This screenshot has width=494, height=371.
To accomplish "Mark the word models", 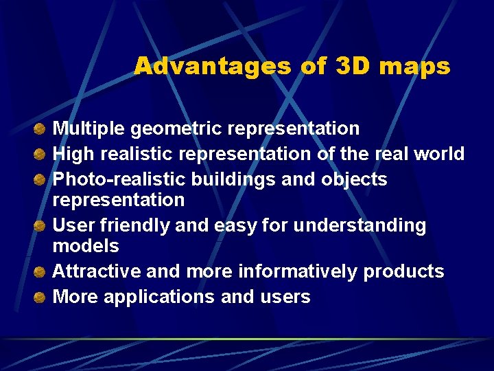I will [86, 246].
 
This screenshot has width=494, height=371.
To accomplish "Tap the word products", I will [404, 272].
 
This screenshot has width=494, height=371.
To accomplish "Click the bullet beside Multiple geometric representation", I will [41, 128].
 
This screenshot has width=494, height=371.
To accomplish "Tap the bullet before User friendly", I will [41, 225].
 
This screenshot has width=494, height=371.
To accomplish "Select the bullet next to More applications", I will [41, 297].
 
